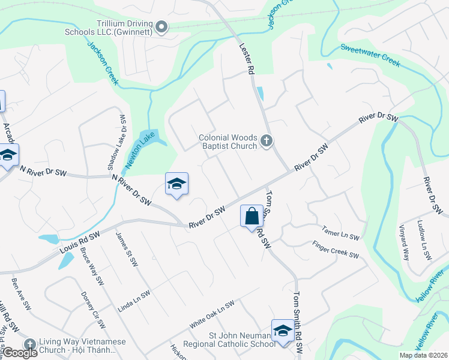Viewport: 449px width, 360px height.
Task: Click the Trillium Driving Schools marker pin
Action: [x=161, y=26]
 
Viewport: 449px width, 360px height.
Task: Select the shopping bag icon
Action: [x=252, y=215]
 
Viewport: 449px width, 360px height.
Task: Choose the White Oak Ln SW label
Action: [x=211, y=314]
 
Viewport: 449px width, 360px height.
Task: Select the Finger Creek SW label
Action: [x=335, y=250]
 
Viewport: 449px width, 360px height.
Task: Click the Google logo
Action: [x=20, y=353]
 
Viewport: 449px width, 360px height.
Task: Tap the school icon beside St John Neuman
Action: [x=283, y=331]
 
